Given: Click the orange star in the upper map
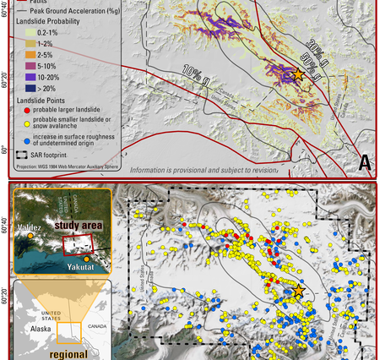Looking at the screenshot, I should pyautogui.click(x=298, y=75).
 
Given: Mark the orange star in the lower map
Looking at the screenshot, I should pyautogui.click(x=298, y=292).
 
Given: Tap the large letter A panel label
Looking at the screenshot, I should pyautogui.click(x=366, y=161).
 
